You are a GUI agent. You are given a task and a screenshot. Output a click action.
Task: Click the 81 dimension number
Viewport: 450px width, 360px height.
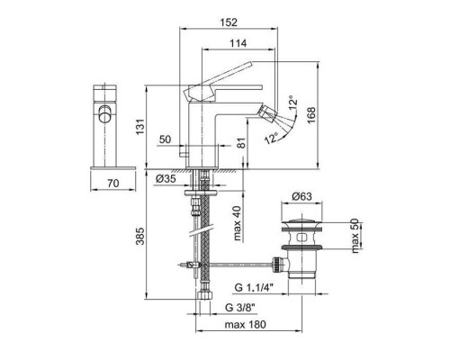coord(240,141)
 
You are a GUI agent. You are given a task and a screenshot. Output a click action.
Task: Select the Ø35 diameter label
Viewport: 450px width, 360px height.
coord(165,178)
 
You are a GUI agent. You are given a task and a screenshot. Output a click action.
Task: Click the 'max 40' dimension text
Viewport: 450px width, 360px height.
coord(236,222)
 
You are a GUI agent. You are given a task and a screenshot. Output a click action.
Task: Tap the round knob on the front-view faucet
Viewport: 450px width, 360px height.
coord(104,114)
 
